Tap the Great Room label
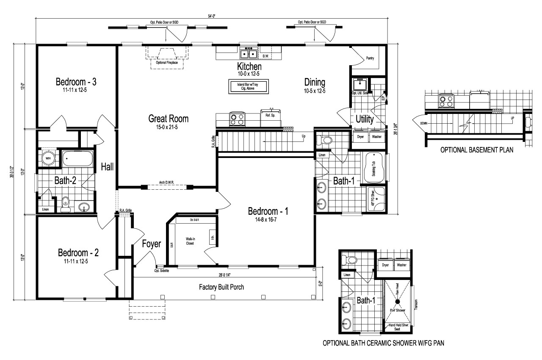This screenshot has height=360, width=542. point(168,118)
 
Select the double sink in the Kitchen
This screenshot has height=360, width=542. point(248,54)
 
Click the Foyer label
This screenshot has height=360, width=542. point(151,244)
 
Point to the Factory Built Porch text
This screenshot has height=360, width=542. point(221,287)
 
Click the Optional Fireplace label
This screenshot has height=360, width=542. point(167,62)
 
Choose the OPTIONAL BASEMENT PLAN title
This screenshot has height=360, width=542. point(477,150)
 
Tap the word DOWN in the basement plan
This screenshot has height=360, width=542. point(424,124)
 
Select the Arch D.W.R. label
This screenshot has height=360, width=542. point(166,183)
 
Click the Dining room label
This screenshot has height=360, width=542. point(314,82)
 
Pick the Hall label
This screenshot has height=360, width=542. point(107,167)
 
